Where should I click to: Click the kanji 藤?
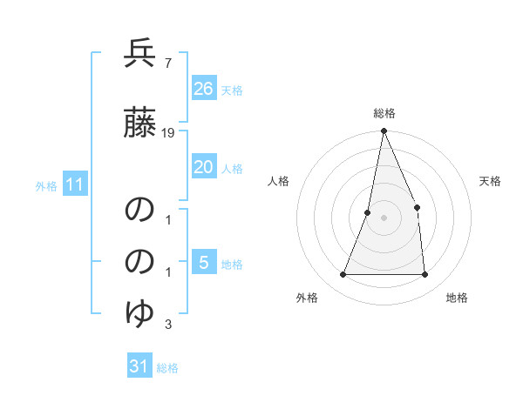[139, 124]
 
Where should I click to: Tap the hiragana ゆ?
[139, 312]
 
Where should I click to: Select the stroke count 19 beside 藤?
[168, 133]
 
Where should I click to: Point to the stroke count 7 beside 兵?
[166, 63]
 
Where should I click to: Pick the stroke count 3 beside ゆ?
[167, 325]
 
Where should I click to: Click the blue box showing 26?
[204, 89]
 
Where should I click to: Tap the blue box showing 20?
[204, 168]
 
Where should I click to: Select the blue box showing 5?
[204, 263]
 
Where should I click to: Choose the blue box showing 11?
[75, 184]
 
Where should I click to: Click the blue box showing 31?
[139, 366]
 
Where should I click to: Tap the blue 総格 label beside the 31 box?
[168, 368]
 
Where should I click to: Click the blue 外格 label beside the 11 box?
[46, 185]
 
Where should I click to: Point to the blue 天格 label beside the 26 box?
[232, 90]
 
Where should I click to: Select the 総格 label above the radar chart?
[384, 113]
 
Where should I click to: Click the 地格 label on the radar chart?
[457, 298]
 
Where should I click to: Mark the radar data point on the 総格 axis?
[384, 131]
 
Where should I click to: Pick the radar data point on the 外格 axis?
[343, 275]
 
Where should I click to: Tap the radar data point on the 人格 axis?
[368, 212]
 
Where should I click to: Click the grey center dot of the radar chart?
[384, 218]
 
